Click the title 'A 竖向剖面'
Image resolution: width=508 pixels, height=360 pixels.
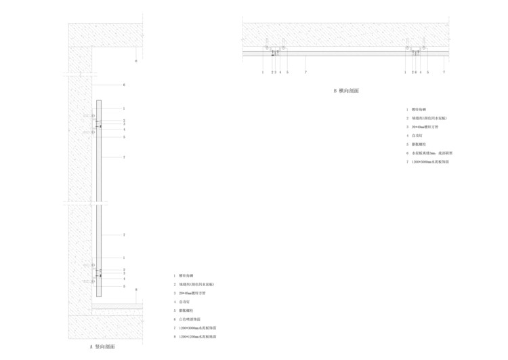pyautogui.click(x=106, y=346)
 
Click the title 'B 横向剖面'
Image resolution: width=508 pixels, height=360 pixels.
pyautogui.click(x=345, y=91)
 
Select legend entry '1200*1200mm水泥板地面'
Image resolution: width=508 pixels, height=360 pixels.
pyautogui.click(x=200, y=337)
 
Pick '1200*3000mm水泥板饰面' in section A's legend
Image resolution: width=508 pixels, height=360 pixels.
pyautogui.click(x=200, y=328)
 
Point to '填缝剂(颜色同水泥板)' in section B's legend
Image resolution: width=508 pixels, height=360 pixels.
pyautogui.click(x=430, y=118)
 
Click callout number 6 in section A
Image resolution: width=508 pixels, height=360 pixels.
pyautogui.click(x=125, y=85)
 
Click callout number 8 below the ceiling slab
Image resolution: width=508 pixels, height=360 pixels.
pyautogui.click(x=135, y=61)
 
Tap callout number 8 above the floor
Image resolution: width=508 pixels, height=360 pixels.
pyautogui.click(x=136, y=289)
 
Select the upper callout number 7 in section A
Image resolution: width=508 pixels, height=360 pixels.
pyautogui.click(x=125, y=157)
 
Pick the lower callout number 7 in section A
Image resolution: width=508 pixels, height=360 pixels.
pyautogui.click(x=125, y=235)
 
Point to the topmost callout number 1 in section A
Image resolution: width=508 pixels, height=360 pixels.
pyautogui.click(x=125, y=108)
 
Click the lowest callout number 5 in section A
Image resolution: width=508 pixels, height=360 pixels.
pyautogui.click(x=125, y=286)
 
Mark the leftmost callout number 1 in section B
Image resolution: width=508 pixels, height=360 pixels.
pyautogui.click(x=263, y=71)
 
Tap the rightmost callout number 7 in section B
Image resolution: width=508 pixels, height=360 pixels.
pyautogui.click(x=444, y=71)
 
